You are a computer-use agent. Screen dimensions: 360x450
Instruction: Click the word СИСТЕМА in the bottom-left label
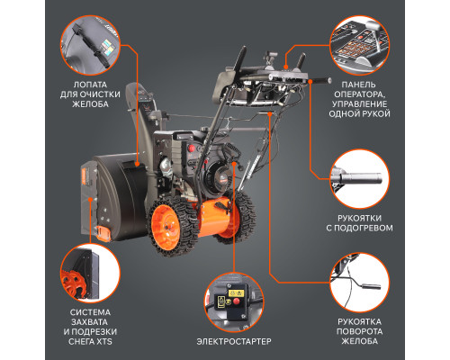click(x=88, y=312)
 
